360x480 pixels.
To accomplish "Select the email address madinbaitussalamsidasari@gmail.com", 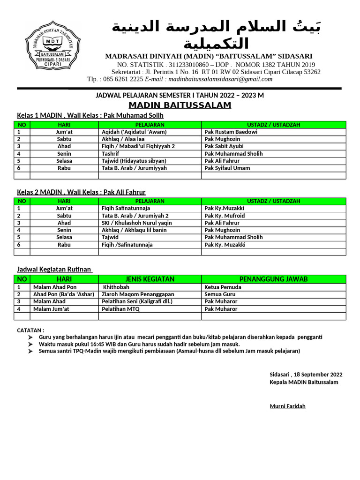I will [220, 79].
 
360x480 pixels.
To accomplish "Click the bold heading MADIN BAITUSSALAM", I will [180, 105].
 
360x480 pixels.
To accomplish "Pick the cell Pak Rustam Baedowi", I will [231, 132].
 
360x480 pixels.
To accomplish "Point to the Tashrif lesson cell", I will [110, 154].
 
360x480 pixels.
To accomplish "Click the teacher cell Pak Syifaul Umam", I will [227, 168].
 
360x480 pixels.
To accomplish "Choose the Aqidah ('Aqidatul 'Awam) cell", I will [134, 132].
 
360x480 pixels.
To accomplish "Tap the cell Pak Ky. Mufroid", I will [225, 216].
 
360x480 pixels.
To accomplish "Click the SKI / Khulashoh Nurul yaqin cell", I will [136, 223].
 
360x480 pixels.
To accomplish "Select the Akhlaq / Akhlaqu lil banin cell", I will [134, 230].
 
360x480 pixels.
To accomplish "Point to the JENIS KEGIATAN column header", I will [150, 279].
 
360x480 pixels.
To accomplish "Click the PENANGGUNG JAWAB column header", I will [273, 279].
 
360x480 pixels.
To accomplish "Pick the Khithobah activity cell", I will [115, 287].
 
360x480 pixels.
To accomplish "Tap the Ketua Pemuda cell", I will [223, 287].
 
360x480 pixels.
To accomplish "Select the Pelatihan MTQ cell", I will [121, 309].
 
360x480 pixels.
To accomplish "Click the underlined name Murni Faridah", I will [287, 406].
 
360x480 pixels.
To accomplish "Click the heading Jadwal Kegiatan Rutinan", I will [54, 270].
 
